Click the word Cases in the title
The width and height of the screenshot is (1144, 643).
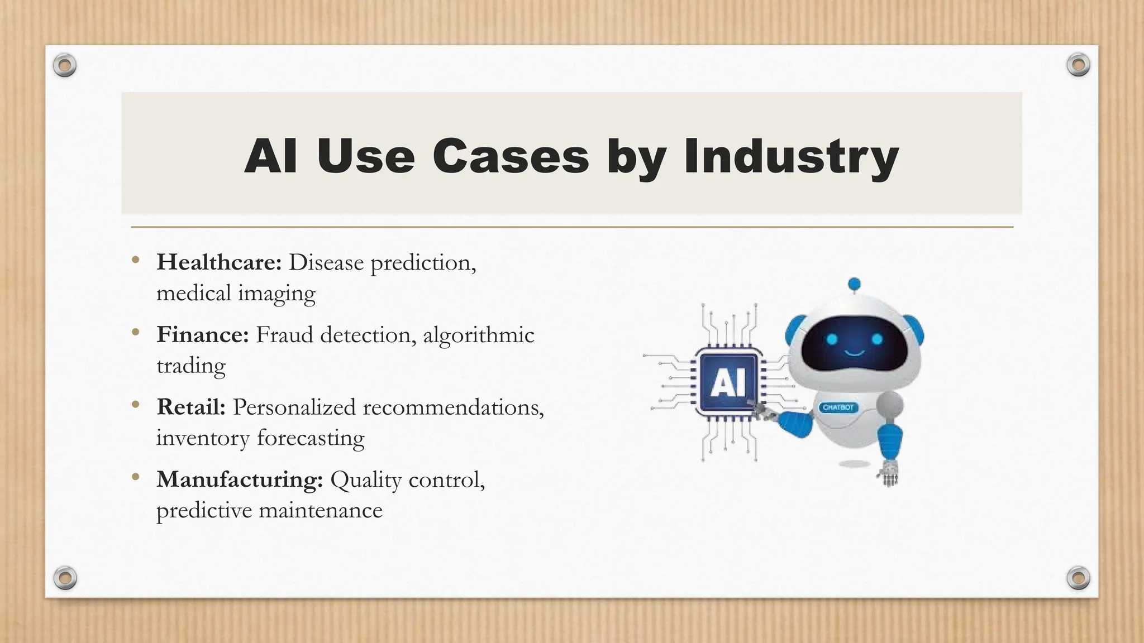coord(511,156)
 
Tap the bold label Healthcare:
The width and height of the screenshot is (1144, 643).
coord(219,262)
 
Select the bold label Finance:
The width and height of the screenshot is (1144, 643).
coord(202,334)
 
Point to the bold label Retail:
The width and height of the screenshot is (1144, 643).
coord(190,407)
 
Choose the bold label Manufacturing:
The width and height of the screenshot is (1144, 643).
coord(240,479)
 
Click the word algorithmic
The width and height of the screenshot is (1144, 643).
coord(478,335)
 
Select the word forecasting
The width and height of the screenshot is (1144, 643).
coord(311,438)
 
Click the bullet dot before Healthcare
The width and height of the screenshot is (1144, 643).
coord(135,260)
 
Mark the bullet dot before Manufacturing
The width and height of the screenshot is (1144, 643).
coord(135,477)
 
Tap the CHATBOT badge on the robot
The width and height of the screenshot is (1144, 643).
coord(838,407)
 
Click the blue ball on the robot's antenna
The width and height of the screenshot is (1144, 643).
coord(854,284)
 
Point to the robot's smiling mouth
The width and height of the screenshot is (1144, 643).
coord(854,353)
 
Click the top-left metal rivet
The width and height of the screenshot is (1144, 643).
coord(65,66)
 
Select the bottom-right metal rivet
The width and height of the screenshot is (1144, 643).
coord(1078,577)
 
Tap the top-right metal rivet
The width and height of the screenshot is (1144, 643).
coord(1078,65)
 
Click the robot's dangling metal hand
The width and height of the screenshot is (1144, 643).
coord(888,473)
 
